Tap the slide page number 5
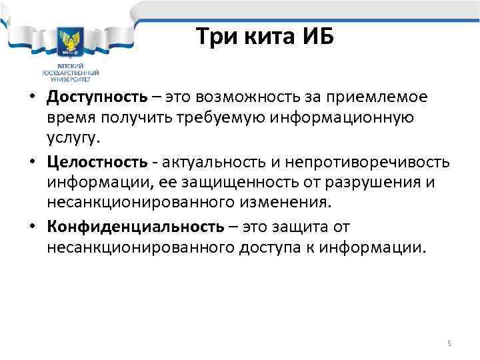tap(449, 343)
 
